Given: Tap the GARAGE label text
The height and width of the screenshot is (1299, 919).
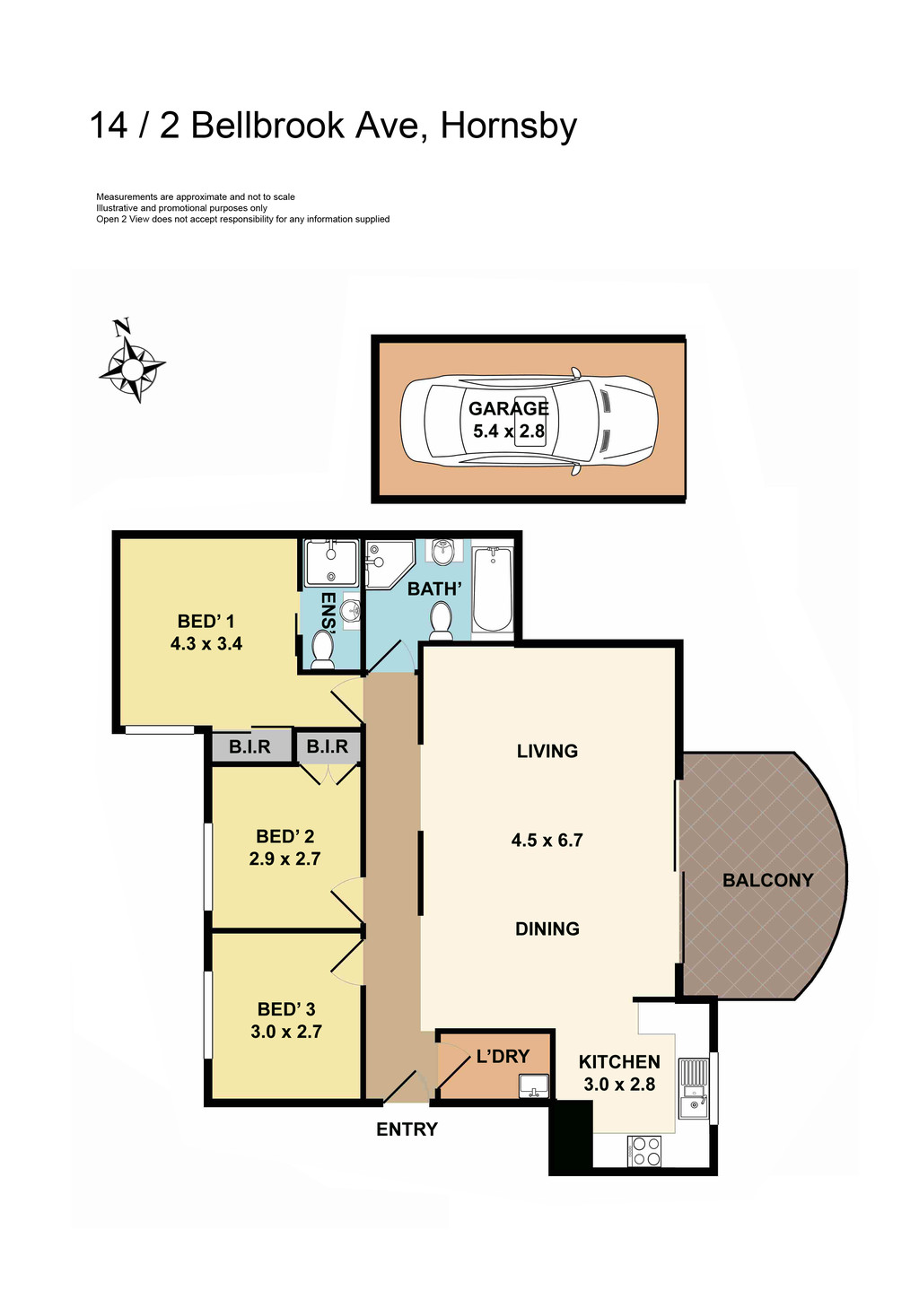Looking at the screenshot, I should pos(508,409).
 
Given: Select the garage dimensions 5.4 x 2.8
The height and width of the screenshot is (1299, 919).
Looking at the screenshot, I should pos(508,432).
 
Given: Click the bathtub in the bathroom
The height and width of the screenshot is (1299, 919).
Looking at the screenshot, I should pos(492,588).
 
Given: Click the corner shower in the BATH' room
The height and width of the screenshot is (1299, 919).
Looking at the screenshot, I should pos(387,562).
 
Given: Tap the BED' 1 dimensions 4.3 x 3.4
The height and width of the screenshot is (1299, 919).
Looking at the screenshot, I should pos(206,644).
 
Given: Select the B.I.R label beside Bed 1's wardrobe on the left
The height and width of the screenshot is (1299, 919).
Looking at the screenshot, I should pos(249,747).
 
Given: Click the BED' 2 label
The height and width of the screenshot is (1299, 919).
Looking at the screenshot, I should pos(284,837).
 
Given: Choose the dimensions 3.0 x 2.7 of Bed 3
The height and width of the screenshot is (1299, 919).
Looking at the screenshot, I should pos(286,1033).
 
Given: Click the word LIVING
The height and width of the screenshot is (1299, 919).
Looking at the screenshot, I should pos(547,752).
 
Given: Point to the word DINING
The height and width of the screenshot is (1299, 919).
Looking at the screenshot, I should pos(547,929).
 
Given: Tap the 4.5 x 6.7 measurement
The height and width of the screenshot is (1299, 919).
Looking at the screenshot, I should pos(547,841).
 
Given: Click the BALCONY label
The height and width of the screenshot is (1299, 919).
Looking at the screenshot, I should pos(767,881).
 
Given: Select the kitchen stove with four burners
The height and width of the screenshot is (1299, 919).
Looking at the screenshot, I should pos(645,1151).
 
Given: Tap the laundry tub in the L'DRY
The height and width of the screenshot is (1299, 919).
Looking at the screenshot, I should pos(533,1085).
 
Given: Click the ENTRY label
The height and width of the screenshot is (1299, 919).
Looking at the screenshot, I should pos(407,1130).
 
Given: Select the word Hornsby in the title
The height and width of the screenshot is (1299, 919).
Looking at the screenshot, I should pos(508,126).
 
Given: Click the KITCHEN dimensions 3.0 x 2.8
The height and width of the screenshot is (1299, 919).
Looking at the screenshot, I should pos(619,1085).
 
